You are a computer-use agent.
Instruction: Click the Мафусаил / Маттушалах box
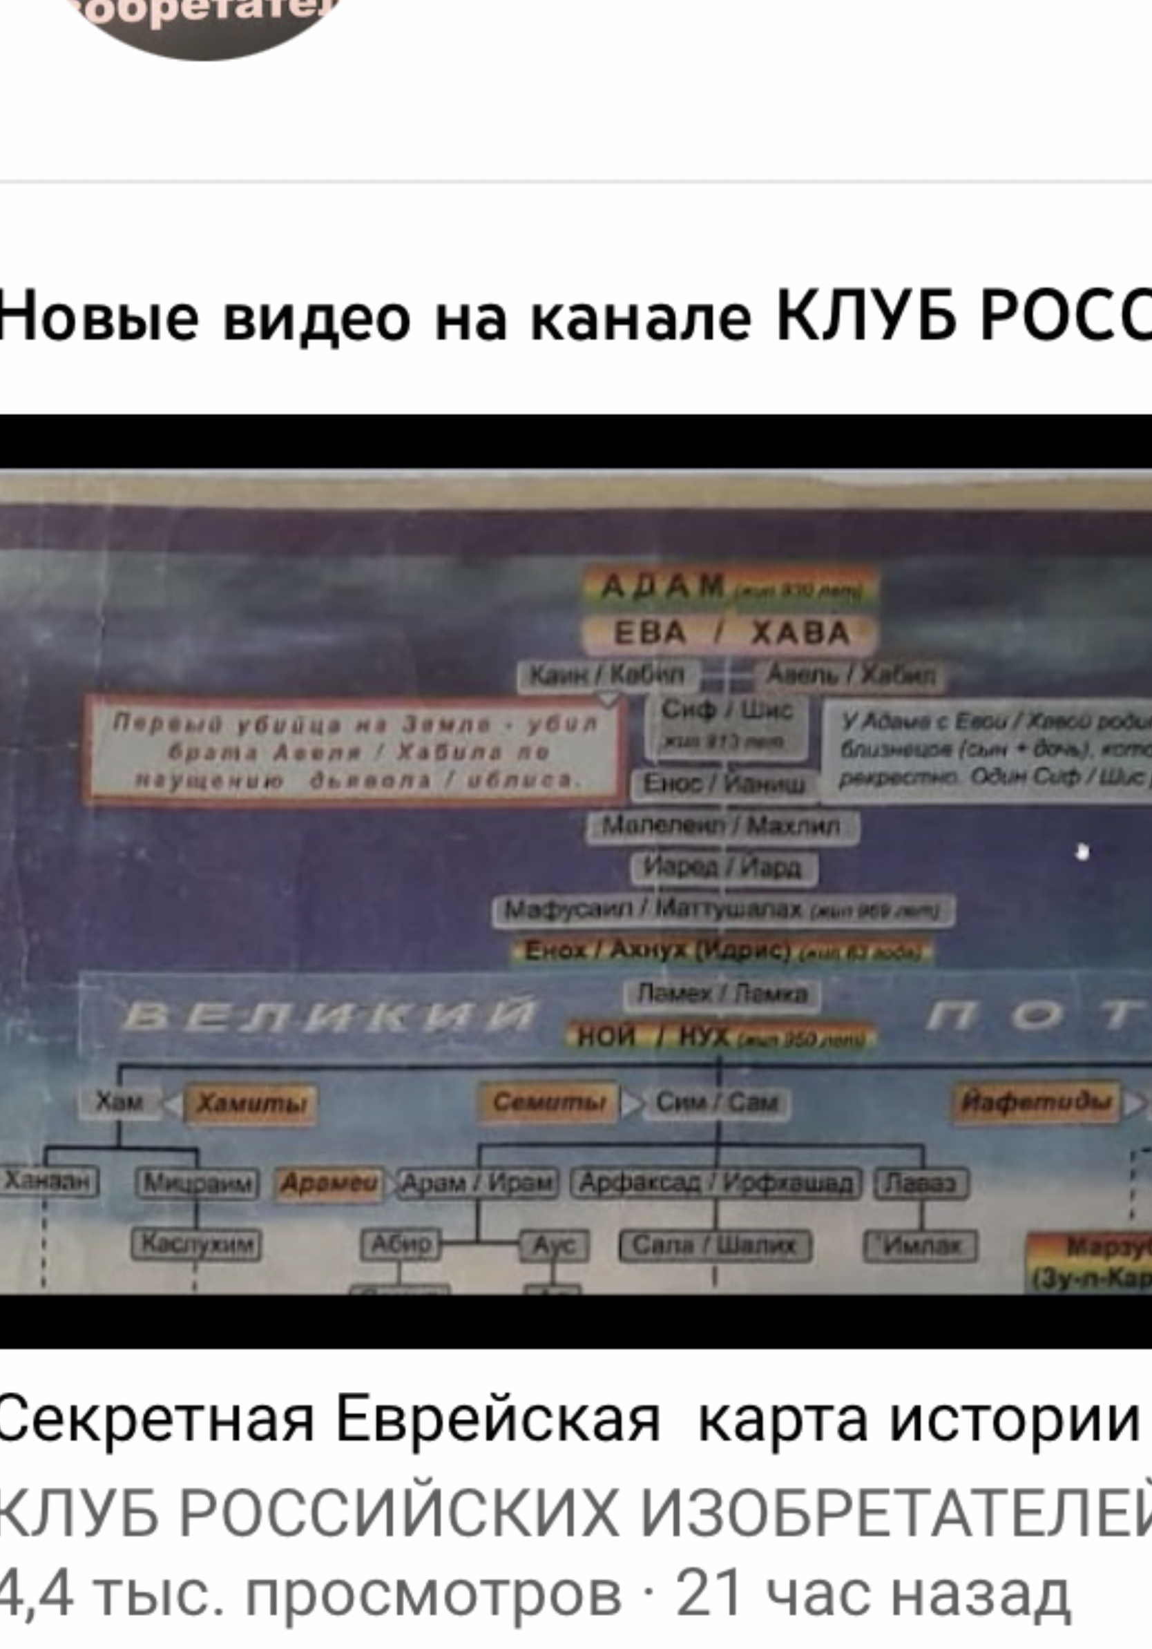[x=723, y=910]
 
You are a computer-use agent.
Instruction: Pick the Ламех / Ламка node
[x=722, y=994]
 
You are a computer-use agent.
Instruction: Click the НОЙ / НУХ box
[x=722, y=1037]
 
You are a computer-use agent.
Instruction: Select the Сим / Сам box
[x=716, y=1103]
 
